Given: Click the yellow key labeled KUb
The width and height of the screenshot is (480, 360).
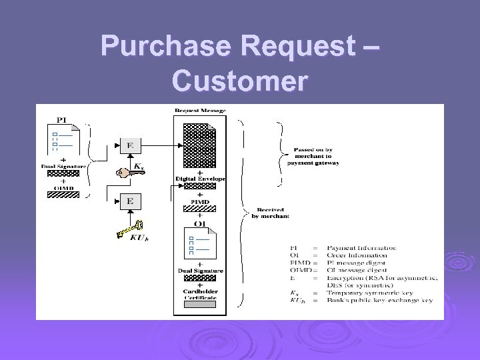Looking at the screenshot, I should pos(129,229).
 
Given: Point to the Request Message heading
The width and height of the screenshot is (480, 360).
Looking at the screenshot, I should pos(200,110).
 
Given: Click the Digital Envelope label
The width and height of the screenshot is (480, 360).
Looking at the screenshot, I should pos(200,179).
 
